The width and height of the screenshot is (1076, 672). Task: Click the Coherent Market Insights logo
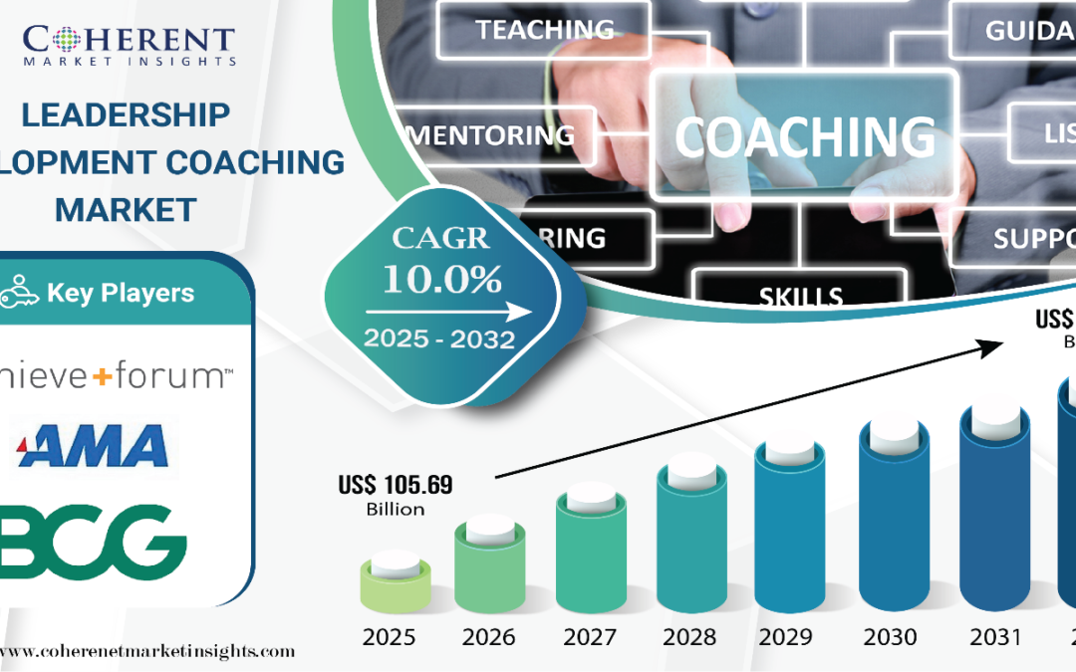pyautogui.click(x=130, y=44)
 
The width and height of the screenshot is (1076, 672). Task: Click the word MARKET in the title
pyautogui.click(x=126, y=209)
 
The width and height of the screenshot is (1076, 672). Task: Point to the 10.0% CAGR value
pyautogui.click(x=442, y=280)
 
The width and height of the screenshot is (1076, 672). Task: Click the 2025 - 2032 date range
pyautogui.click(x=439, y=338)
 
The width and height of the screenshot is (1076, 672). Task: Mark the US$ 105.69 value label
pyautogui.click(x=395, y=486)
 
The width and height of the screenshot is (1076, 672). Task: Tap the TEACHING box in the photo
pyautogui.click(x=544, y=30)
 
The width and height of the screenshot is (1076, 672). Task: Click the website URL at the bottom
pyautogui.click(x=149, y=651)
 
